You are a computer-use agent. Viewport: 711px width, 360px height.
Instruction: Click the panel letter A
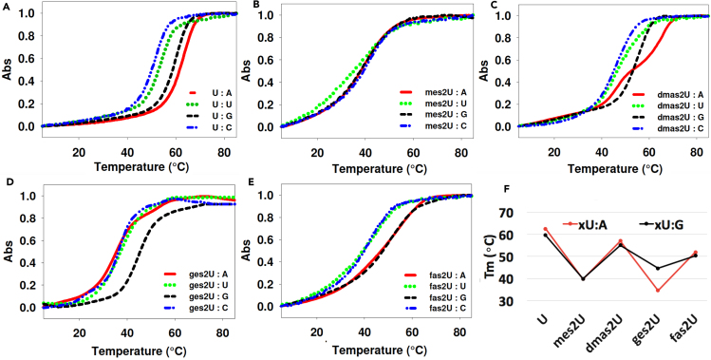tap(6, 6)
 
